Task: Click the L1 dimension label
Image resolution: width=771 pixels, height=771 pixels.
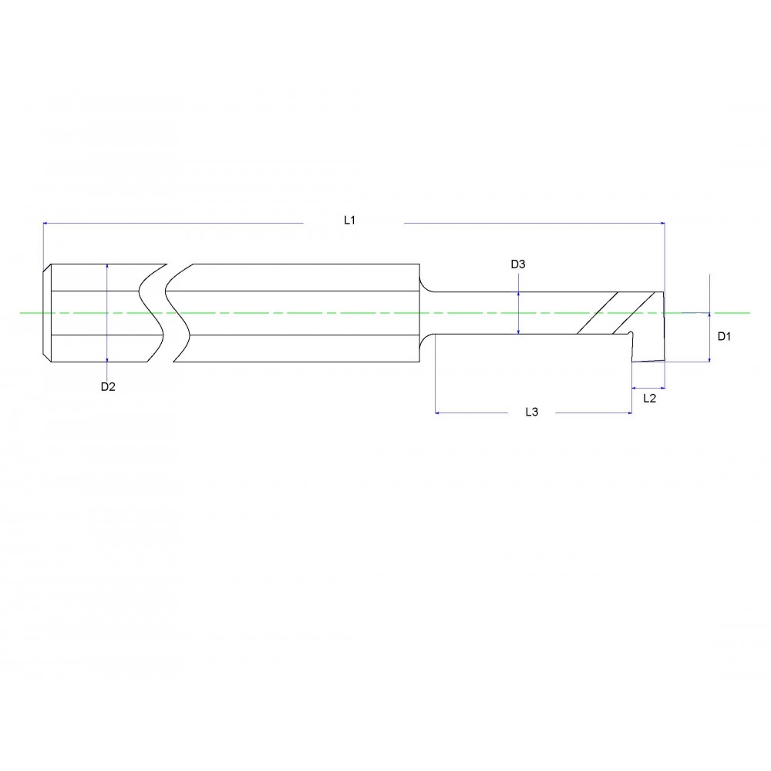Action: (349, 221)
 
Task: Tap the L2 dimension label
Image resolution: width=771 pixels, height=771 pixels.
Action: (649, 399)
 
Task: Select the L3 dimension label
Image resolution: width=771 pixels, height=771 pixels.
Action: (531, 413)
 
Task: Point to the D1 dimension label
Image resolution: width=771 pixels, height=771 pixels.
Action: (724, 336)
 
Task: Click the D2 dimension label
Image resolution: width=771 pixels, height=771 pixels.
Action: (108, 387)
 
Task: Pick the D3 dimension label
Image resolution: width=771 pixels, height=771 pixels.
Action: (518, 264)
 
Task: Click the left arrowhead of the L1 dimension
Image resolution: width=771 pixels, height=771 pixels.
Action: (45, 223)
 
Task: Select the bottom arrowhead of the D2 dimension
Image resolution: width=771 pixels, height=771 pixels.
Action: (106, 359)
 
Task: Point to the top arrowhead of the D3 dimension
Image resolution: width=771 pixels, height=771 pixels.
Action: (519, 295)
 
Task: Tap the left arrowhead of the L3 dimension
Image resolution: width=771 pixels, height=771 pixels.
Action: (439, 413)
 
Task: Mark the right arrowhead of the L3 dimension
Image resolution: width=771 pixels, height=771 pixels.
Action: (629, 413)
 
